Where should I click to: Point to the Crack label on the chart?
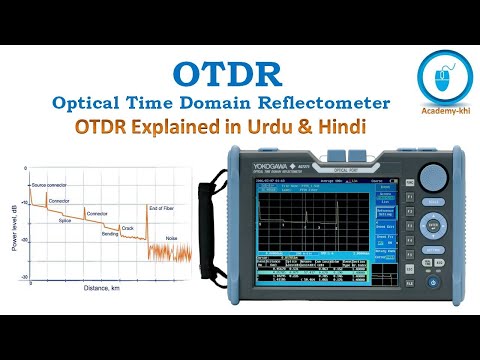coord(126,227)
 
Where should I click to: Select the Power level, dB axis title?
coord(13,225)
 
